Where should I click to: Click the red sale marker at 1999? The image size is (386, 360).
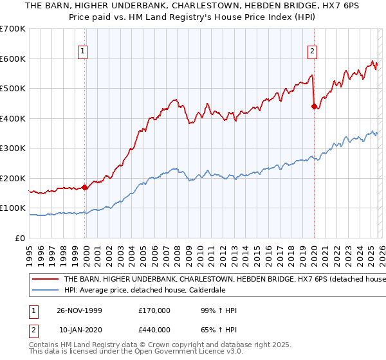[85, 188]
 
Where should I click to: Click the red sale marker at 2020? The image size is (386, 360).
[314, 107]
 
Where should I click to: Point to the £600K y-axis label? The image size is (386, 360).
[13, 59]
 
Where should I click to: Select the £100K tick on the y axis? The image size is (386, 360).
[13, 208]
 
